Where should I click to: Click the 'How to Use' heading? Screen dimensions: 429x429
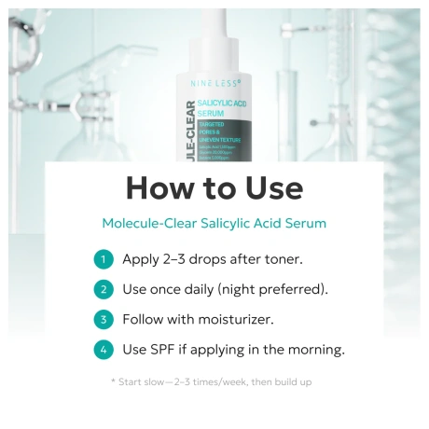pyautogui.click(x=214, y=187)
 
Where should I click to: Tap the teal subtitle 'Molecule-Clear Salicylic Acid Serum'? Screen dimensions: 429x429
pyautogui.click(x=214, y=224)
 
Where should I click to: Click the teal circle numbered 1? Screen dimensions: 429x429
pyautogui.click(x=104, y=259)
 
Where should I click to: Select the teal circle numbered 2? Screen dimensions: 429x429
pyautogui.click(x=104, y=289)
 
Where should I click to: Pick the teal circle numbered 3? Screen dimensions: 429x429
pyautogui.click(x=104, y=319)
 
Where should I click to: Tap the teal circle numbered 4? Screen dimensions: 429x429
pyautogui.click(x=104, y=350)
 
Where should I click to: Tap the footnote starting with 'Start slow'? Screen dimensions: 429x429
pyautogui.click(x=214, y=382)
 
